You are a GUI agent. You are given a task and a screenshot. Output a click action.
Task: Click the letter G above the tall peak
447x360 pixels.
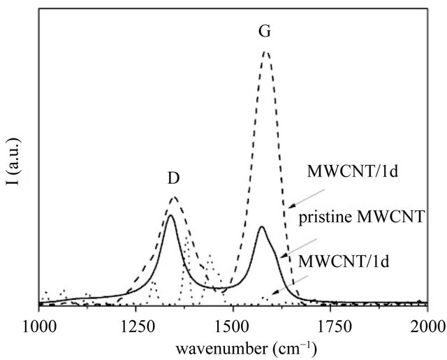[265, 32]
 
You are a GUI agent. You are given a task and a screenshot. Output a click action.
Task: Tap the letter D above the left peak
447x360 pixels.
[174, 178]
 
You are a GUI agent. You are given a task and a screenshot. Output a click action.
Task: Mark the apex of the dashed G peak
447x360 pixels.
[265, 51]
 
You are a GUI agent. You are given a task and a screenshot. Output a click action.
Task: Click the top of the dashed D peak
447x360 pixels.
[174, 197]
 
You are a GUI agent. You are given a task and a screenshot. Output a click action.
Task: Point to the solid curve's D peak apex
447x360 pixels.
[170, 215]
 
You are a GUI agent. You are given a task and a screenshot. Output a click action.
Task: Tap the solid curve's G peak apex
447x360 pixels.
[261, 227]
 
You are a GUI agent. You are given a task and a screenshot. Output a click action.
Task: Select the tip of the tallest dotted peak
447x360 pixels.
[187, 238]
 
